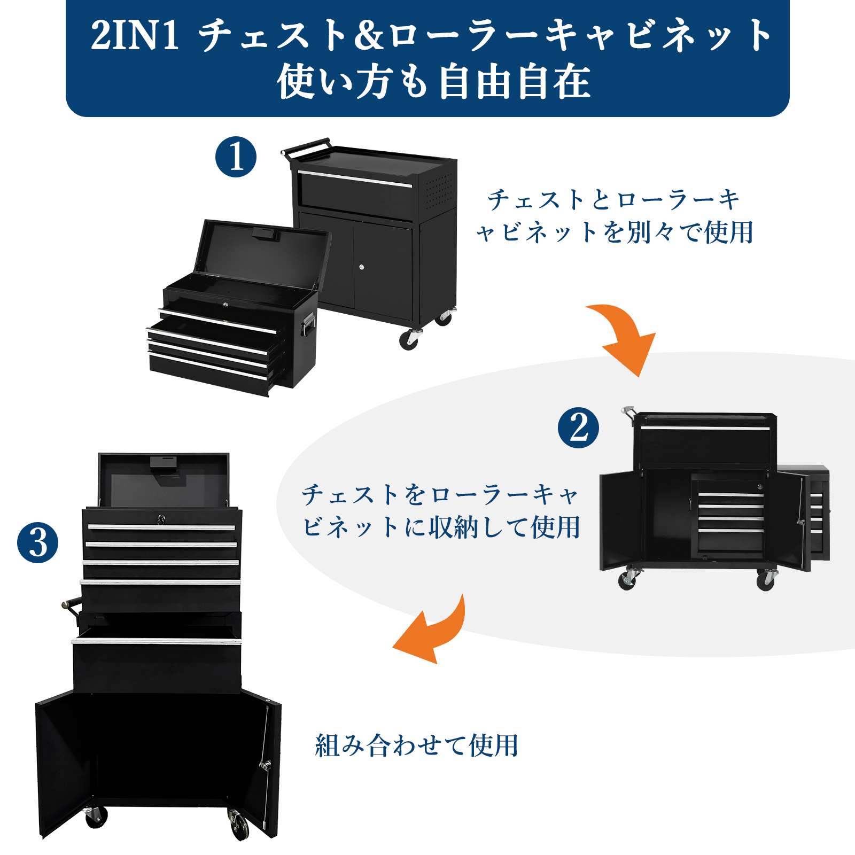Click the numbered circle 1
pyautogui.click(x=236, y=157)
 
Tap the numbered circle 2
pyautogui.click(x=578, y=428)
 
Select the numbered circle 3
pyautogui.click(x=37, y=542)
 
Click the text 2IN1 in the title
pyautogui.click(x=135, y=35)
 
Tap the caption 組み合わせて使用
pyautogui.click(x=416, y=745)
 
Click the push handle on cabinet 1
pyautogui.click(x=306, y=147)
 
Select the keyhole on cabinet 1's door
pyautogui.click(x=362, y=267)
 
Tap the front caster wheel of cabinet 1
pyautogui.click(x=409, y=339)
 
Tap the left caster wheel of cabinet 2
pyautogui.click(x=627, y=580)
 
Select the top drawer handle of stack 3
pyautogui.click(x=161, y=527)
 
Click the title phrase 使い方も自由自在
pyautogui.click(x=433, y=83)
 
